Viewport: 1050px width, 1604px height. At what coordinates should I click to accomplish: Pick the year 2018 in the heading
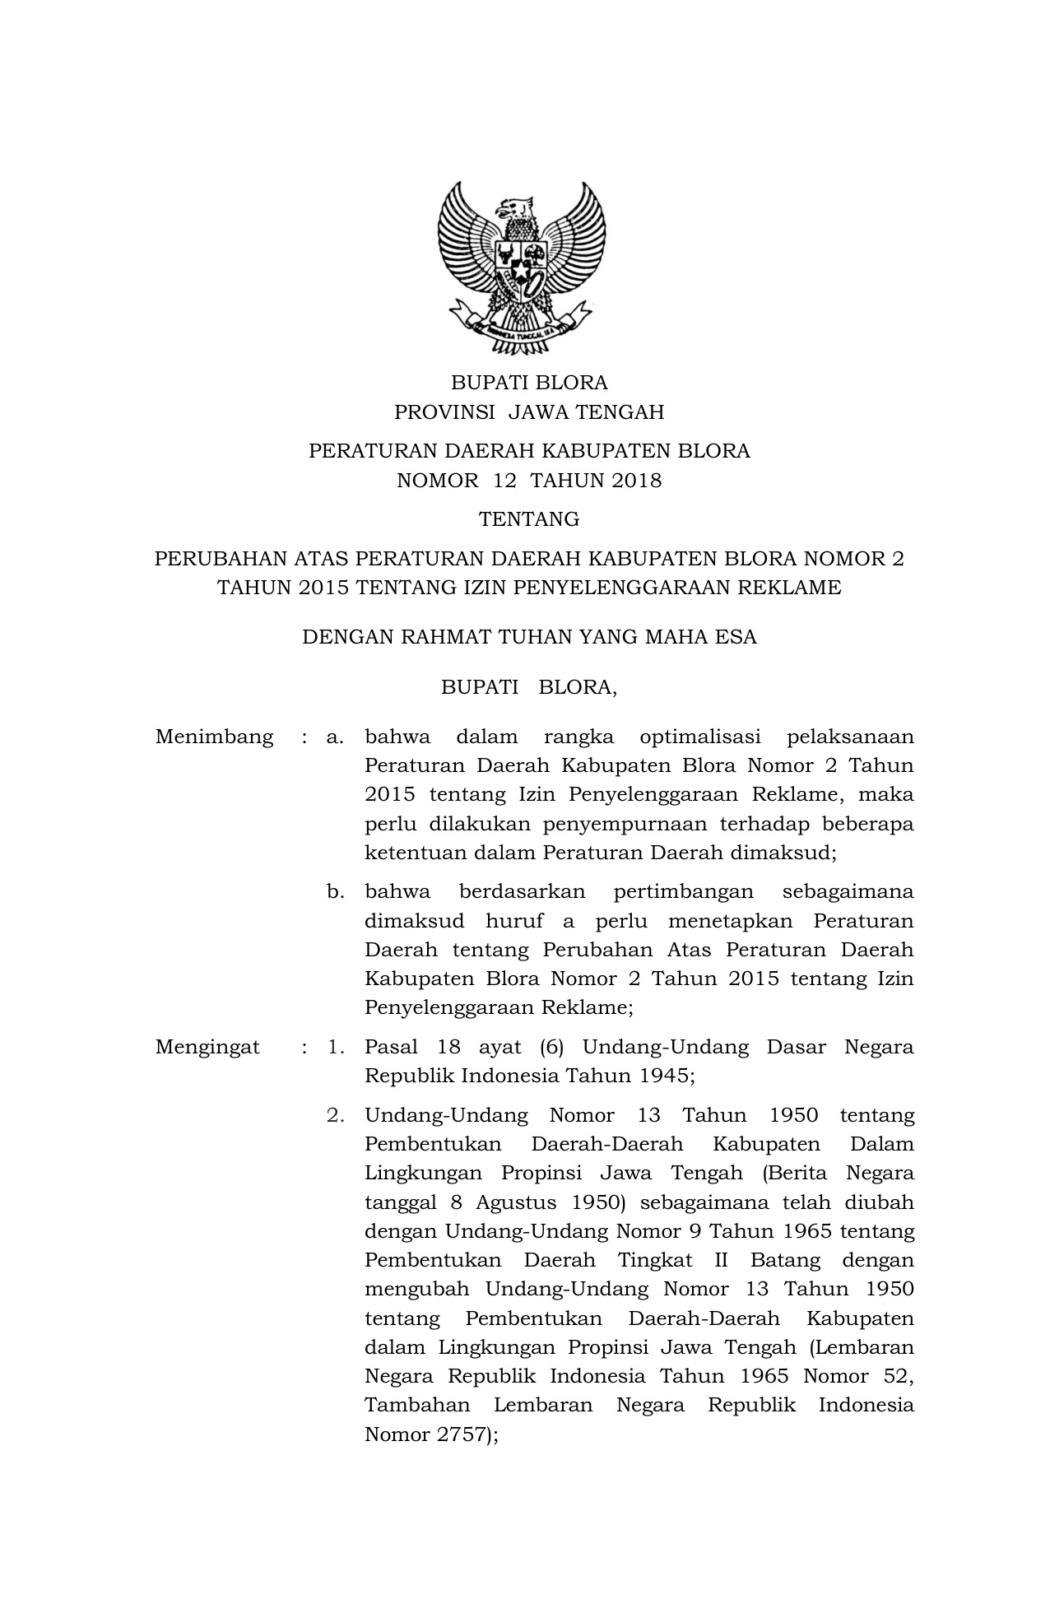click(x=636, y=481)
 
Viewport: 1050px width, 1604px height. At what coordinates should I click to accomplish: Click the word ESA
click(x=736, y=637)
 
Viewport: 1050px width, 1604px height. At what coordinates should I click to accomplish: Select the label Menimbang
click(x=214, y=737)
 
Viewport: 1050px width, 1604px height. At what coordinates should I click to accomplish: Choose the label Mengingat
click(x=207, y=1047)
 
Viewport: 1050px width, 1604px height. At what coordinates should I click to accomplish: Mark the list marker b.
click(x=334, y=892)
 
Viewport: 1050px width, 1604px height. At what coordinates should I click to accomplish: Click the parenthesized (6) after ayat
click(x=551, y=1047)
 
